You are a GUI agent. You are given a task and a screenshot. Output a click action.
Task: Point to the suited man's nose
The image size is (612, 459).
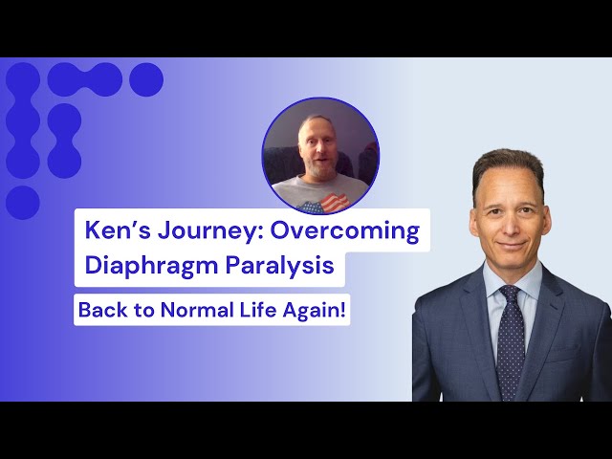[x=509, y=222]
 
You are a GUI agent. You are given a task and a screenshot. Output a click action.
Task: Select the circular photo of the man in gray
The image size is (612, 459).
[x=321, y=156]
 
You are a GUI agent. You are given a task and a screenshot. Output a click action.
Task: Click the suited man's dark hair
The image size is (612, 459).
[x=508, y=164]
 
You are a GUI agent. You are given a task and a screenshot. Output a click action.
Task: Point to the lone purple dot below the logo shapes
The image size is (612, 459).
[x=22, y=203]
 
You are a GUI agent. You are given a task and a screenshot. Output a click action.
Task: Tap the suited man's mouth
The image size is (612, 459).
[x=510, y=244]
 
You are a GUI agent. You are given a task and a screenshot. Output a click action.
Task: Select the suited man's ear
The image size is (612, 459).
[x=550, y=216]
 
